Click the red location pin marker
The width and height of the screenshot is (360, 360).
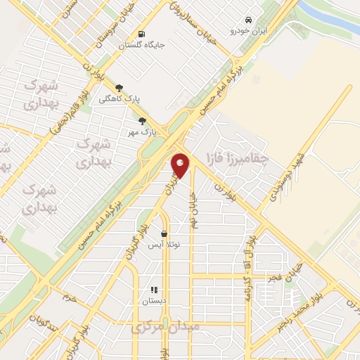(x=181, y=165)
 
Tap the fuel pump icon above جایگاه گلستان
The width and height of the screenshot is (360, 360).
(x=142, y=34)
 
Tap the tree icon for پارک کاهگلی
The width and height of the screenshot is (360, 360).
(x=119, y=88)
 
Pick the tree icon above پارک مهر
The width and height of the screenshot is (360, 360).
(x=143, y=120)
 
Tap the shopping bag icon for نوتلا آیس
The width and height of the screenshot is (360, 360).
(x=164, y=234)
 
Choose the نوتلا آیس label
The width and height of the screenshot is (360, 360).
(x=164, y=245)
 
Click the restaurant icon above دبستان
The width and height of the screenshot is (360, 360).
(x=154, y=290)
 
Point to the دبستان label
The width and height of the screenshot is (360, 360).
(x=154, y=301)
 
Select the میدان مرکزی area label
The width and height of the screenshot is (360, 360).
(x=166, y=328)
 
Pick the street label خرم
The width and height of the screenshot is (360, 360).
(x=68, y=298)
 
